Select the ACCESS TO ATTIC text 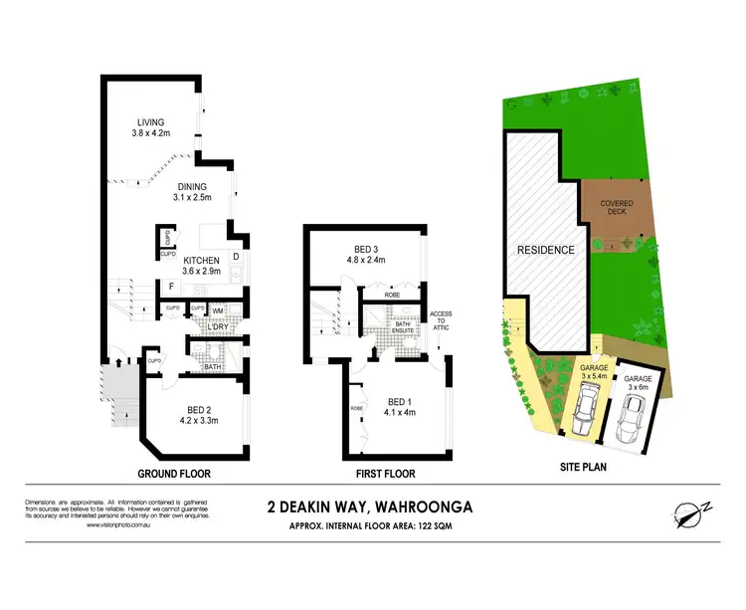(441, 322)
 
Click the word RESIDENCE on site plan (544, 250)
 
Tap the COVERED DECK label (617, 208)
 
